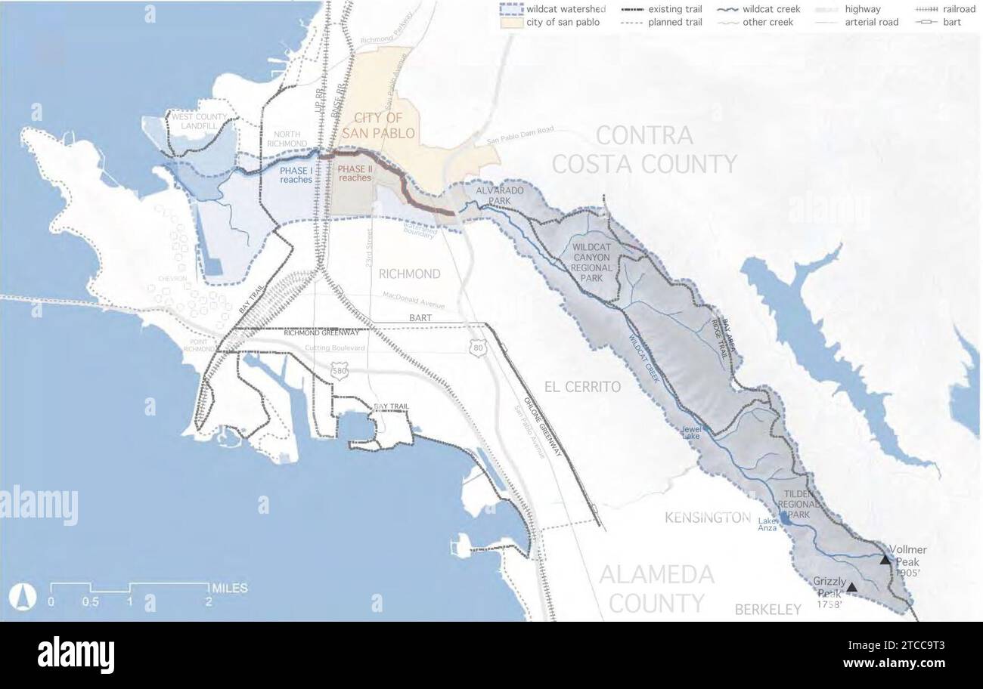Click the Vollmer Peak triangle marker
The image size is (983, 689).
pos(885,560)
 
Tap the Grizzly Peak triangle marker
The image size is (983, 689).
pos(852,587)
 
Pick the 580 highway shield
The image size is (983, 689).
pos(340,371)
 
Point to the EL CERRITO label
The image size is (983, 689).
pos(582,387)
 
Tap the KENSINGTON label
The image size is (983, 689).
pos(707,518)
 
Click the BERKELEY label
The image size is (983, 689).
pos(767,609)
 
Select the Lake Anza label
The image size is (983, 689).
pos(767,524)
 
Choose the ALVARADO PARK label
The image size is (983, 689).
pos(499,196)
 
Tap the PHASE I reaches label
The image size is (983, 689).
pos(296,175)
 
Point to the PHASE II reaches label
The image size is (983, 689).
pos(355,173)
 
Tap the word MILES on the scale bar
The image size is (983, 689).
pos(230,588)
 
